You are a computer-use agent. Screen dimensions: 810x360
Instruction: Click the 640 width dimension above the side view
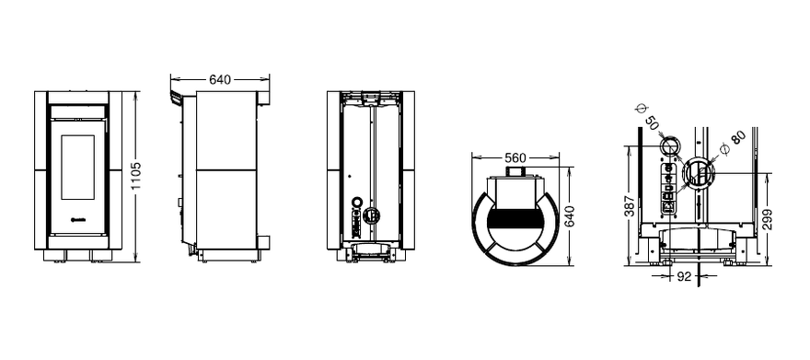(x=220, y=79)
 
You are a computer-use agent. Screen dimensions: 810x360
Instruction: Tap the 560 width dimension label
(x=515, y=157)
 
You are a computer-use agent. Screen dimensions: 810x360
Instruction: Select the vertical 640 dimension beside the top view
(x=570, y=216)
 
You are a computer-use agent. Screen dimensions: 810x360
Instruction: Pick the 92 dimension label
(x=684, y=277)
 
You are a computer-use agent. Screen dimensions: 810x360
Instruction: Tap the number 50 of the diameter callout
(x=653, y=123)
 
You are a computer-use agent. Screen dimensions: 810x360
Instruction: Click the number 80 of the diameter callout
(x=739, y=137)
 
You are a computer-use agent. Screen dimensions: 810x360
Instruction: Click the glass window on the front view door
(x=78, y=168)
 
